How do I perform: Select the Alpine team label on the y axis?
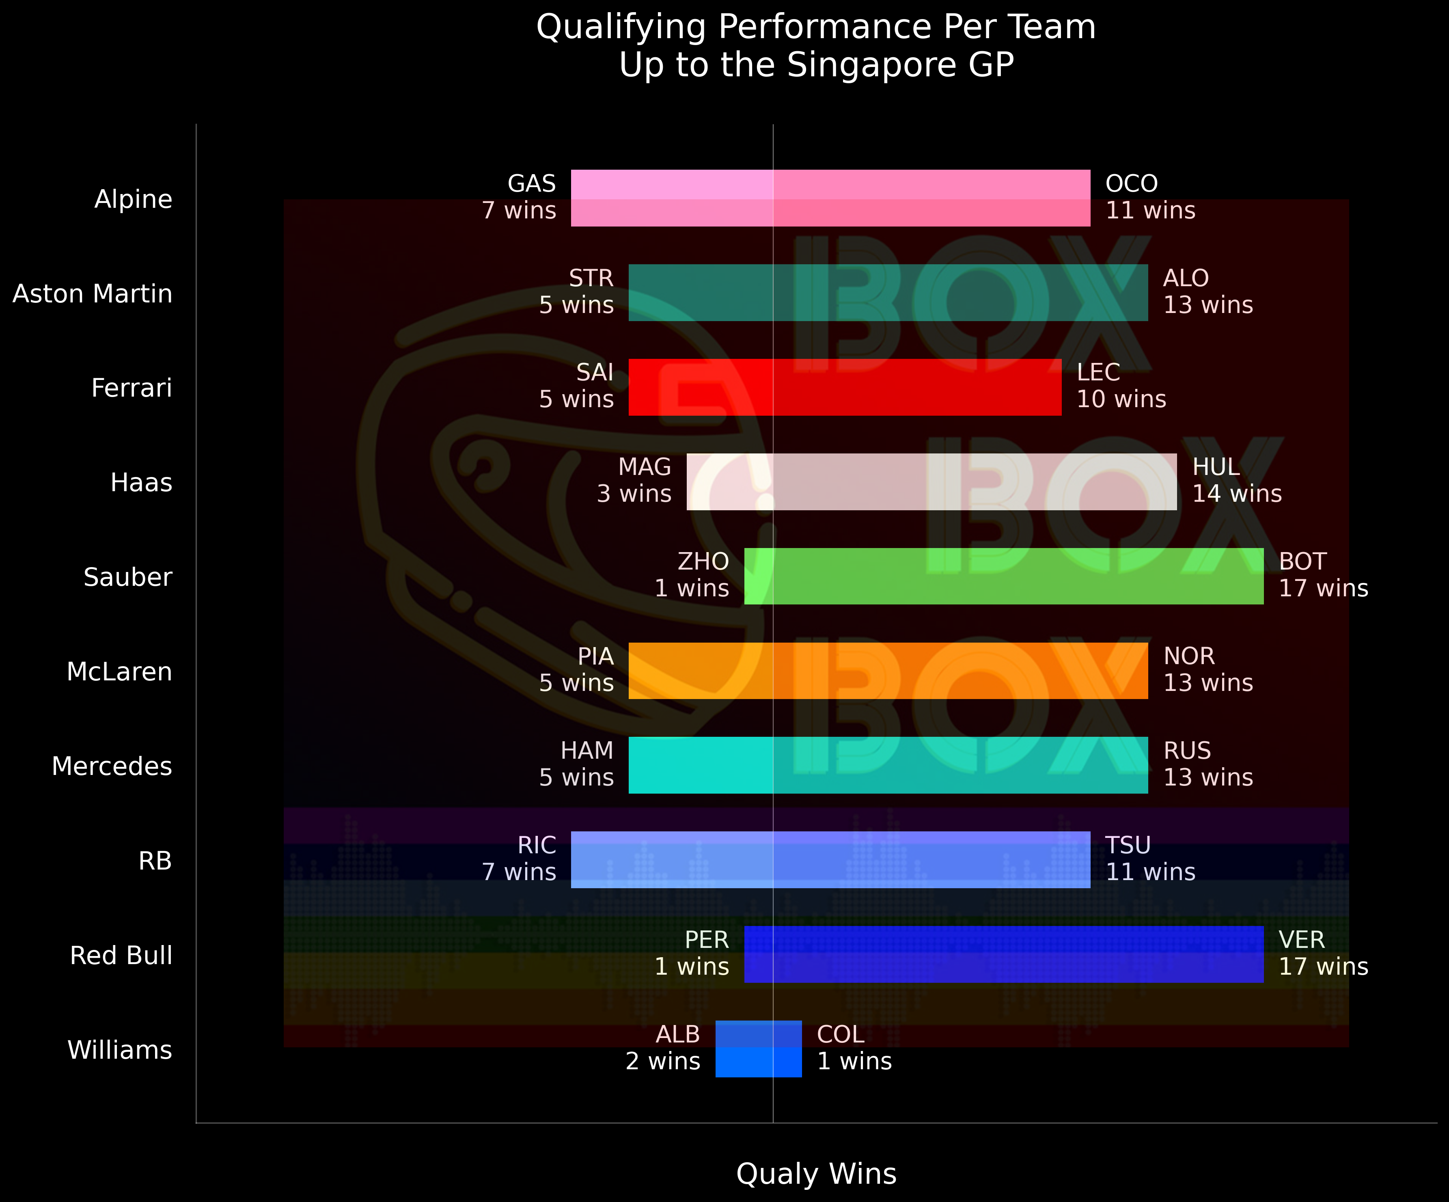[x=133, y=199]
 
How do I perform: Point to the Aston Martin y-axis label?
[x=93, y=294]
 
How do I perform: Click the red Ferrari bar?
[x=845, y=387]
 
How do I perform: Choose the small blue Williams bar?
[x=758, y=1049]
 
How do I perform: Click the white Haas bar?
[x=931, y=481]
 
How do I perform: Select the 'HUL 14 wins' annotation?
[x=1236, y=480]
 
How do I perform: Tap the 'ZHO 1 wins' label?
[x=692, y=575]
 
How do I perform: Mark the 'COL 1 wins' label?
[x=854, y=1047]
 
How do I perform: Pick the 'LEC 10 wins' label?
[x=1121, y=386]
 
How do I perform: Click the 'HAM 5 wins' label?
[x=577, y=764]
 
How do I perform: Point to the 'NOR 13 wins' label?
[x=1207, y=669]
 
